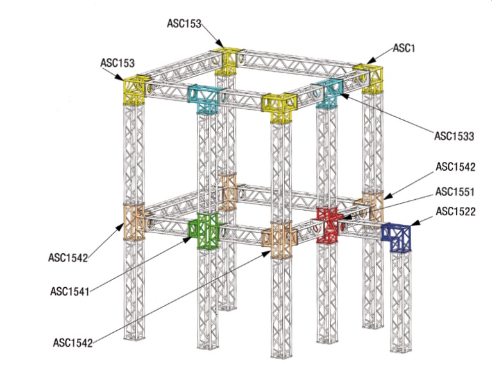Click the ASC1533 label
pos(454,136)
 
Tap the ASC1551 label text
pos(455,192)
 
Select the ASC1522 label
pos(455,211)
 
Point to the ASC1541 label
pos(69,291)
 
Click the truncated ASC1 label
pos(405,48)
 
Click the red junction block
pos(328,224)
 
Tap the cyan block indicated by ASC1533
pos(329,94)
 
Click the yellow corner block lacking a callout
pos(280,107)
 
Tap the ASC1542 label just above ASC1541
pos(67,258)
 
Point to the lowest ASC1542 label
pos(72,342)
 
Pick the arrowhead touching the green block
pos(189,238)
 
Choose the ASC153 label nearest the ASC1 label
pos(184,24)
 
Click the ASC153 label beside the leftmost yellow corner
pos(117,62)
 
